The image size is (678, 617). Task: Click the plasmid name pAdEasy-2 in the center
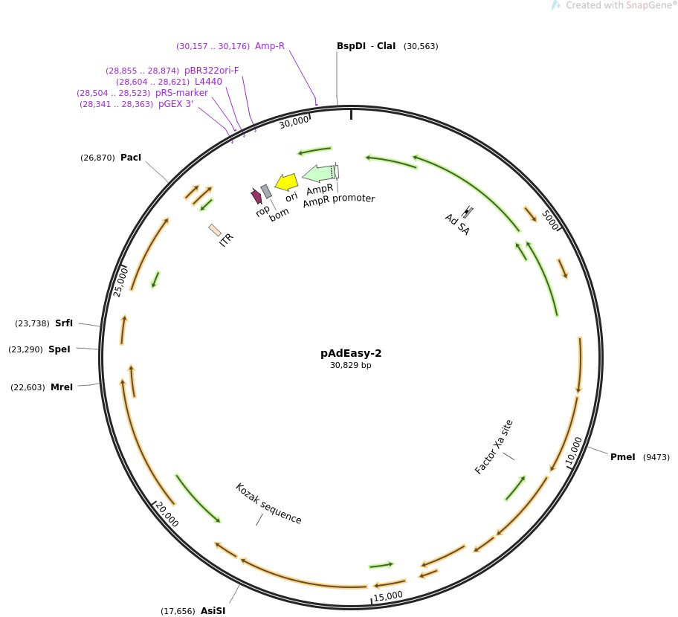pos(351,353)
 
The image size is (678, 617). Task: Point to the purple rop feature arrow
pos(256,196)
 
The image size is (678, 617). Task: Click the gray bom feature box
pos(266,191)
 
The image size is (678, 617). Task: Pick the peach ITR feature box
pos(215,230)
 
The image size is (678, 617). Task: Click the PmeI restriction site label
pos(623,457)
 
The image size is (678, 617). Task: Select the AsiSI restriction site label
pos(213,610)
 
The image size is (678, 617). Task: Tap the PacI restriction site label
pos(131,158)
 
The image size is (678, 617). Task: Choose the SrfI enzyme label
pos(64,323)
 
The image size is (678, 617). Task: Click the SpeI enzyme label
pos(59,349)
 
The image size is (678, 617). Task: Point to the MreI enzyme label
pos(62,387)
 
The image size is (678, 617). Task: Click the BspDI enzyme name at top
pos(351,46)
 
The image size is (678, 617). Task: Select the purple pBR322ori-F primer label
pos(211,71)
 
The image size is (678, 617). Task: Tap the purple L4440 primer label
pos(208,82)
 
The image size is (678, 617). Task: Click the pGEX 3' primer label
pos(175,104)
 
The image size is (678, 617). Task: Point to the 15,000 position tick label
pos(388,596)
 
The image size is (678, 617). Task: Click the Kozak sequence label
pos(268,503)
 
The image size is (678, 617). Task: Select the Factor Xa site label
pos(494,447)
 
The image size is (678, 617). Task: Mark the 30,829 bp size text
pos(351,365)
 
